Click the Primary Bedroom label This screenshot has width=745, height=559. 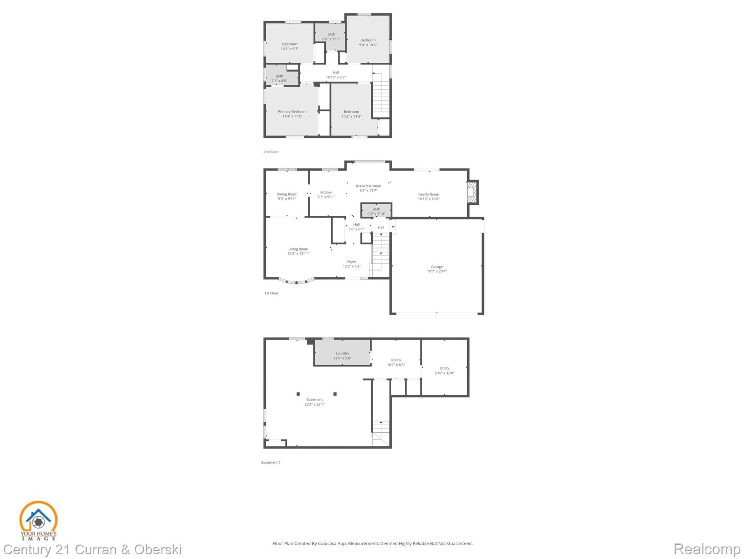292,112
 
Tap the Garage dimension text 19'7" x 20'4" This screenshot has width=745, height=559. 437,271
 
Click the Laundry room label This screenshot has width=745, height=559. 342,353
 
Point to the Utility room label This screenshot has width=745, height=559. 444,368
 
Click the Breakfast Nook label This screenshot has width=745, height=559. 368,186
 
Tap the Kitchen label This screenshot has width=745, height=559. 326,192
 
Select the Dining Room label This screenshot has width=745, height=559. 287,194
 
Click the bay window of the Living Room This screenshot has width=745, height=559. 297,281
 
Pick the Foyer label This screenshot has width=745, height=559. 352,261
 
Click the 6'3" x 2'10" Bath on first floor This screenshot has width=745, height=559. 376,211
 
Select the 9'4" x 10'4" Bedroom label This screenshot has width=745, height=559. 368,40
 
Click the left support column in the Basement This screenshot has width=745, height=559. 298,394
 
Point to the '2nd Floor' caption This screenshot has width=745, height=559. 271,152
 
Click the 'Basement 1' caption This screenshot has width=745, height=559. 271,462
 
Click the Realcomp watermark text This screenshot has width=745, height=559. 706,549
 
